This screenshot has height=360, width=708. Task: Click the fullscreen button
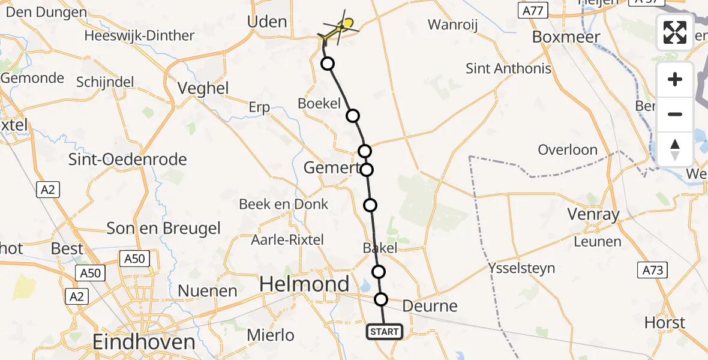[x=675, y=32]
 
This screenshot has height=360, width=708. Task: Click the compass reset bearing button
[x=675, y=149]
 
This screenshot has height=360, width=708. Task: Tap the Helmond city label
[x=305, y=284]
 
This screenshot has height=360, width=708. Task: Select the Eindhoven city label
[x=144, y=343]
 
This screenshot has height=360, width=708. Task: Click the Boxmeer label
[x=566, y=37]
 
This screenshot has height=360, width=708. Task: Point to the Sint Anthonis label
[x=508, y=68]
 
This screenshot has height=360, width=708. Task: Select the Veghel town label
[x=203, y=89]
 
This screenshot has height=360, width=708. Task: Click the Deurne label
[x=430, y=306]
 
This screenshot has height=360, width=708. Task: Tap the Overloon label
[x=568, y=150]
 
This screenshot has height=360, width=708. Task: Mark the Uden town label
[x=267, y=22]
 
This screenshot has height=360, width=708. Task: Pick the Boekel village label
[x=319, y=103]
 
